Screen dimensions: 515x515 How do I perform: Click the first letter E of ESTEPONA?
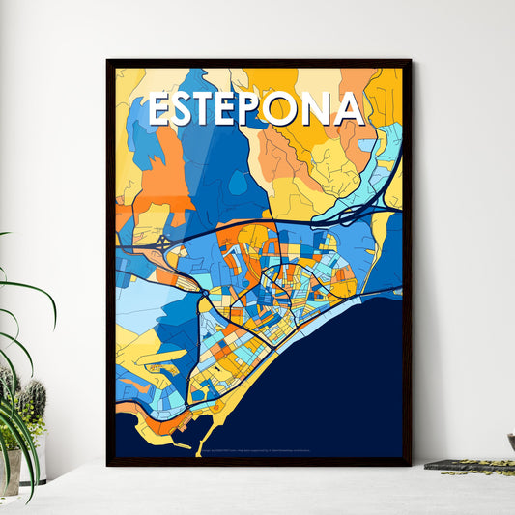161,110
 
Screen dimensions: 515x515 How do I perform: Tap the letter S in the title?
187,110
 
